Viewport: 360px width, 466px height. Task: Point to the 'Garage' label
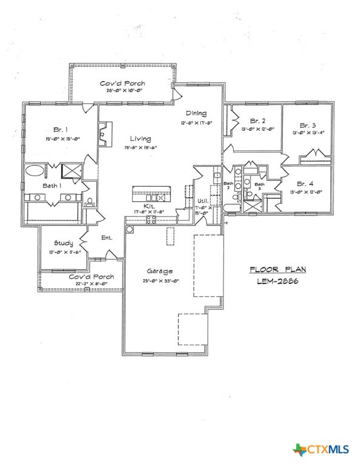tap(159, 271)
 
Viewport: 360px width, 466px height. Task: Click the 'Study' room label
tap(63, 243)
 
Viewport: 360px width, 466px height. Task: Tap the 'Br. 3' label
tap(308, 125)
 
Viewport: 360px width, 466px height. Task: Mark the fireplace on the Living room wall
tap(104, 129)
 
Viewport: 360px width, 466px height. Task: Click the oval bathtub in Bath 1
tap(35, 171)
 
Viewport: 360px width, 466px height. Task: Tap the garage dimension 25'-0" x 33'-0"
tap(159, 280)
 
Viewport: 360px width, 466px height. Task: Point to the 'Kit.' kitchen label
tap(149, 206)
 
